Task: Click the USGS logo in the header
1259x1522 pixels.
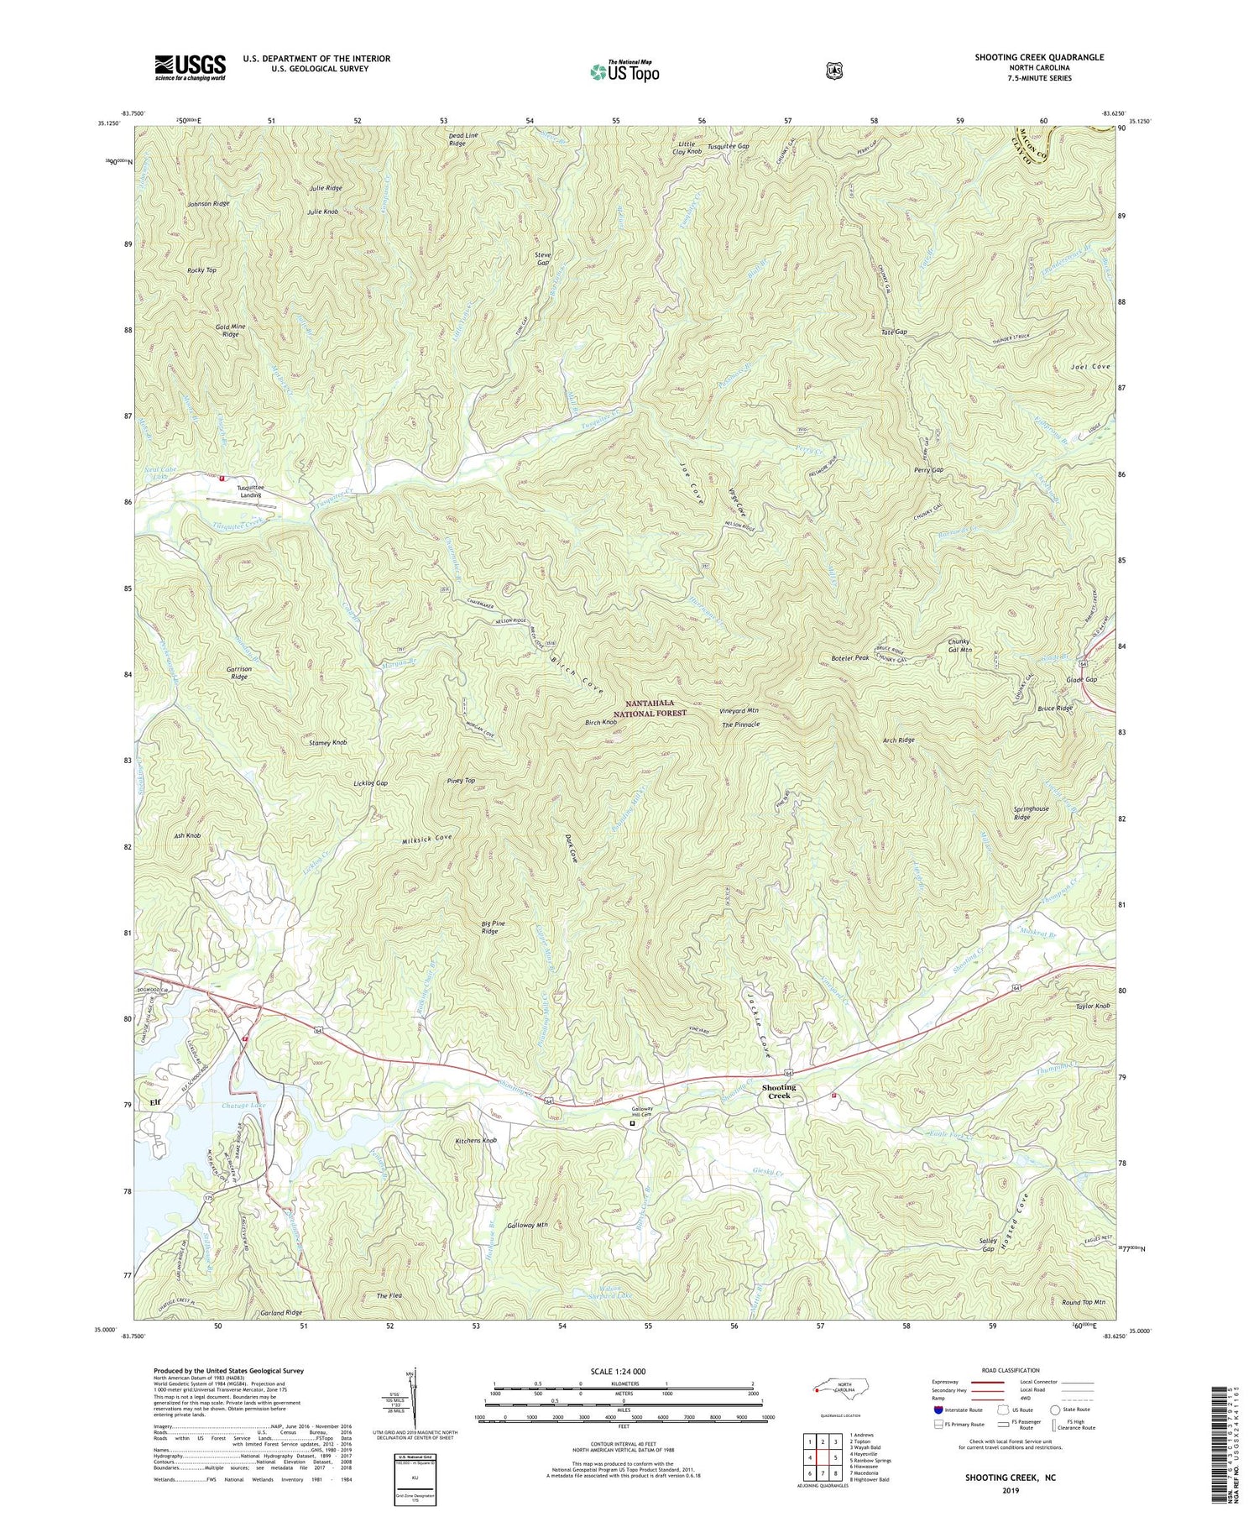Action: pos(191,67)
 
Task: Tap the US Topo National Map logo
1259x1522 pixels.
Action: pos(624,71)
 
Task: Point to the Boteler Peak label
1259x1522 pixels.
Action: pos(849,658)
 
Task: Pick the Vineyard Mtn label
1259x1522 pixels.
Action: pos(739,710)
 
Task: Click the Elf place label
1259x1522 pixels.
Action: pos(154,1101)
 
